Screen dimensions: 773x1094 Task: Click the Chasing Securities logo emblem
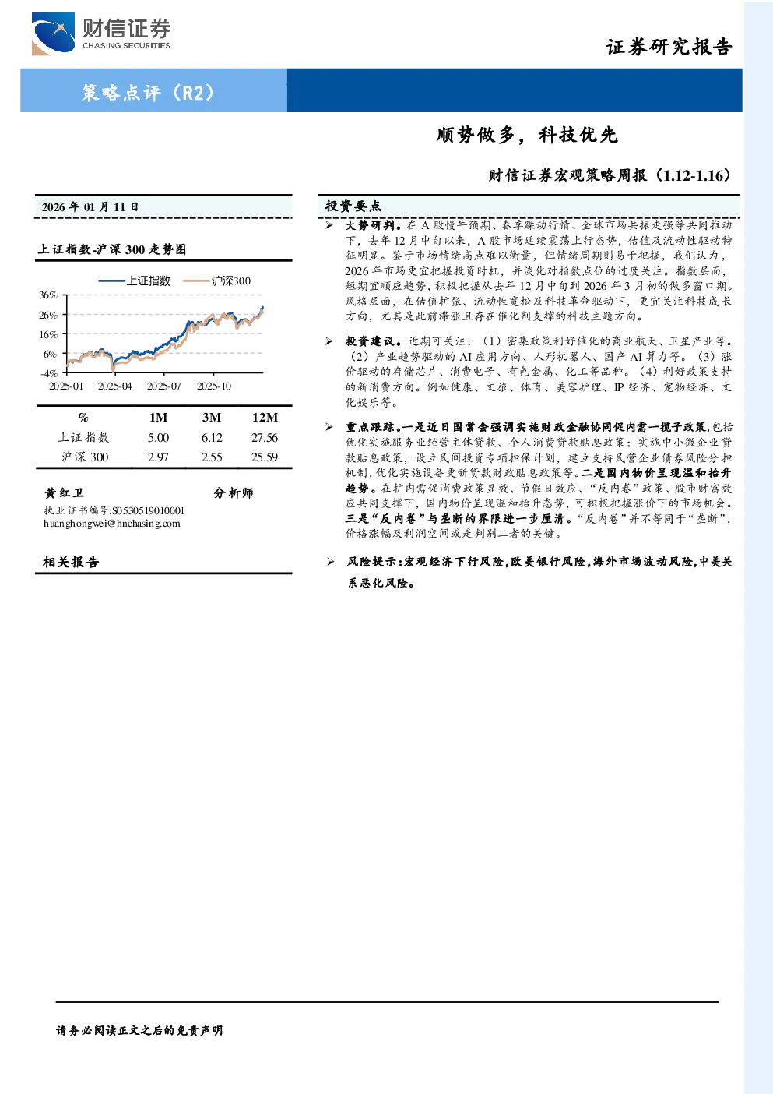(53, 34)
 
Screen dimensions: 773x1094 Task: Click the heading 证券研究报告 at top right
(669, 47)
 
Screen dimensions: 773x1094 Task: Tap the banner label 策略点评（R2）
(148, 92)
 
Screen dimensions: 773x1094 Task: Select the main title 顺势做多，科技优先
(527, 135)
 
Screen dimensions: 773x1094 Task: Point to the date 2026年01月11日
(90, 207)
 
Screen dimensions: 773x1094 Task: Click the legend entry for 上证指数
(135, 281)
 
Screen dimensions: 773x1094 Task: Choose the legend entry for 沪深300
(217, 281)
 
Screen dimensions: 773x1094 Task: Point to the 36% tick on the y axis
(48, 295)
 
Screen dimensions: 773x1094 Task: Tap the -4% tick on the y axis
(49, 373)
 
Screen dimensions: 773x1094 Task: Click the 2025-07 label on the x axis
(164, 386)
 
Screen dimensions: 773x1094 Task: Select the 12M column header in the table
(265, 417)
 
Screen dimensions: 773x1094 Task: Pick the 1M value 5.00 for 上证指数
(159, 438)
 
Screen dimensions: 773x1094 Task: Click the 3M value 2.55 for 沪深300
(212, 457)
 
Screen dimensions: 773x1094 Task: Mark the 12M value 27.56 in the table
(265, 438)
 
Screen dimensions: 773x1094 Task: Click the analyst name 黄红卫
(64, 492)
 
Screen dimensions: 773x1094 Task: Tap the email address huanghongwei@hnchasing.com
(112, 524)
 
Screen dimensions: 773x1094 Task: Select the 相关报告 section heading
(71, 562)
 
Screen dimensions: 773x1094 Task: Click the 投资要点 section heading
(353, 206)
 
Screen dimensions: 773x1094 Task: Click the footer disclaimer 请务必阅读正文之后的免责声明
(139, 1030)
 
